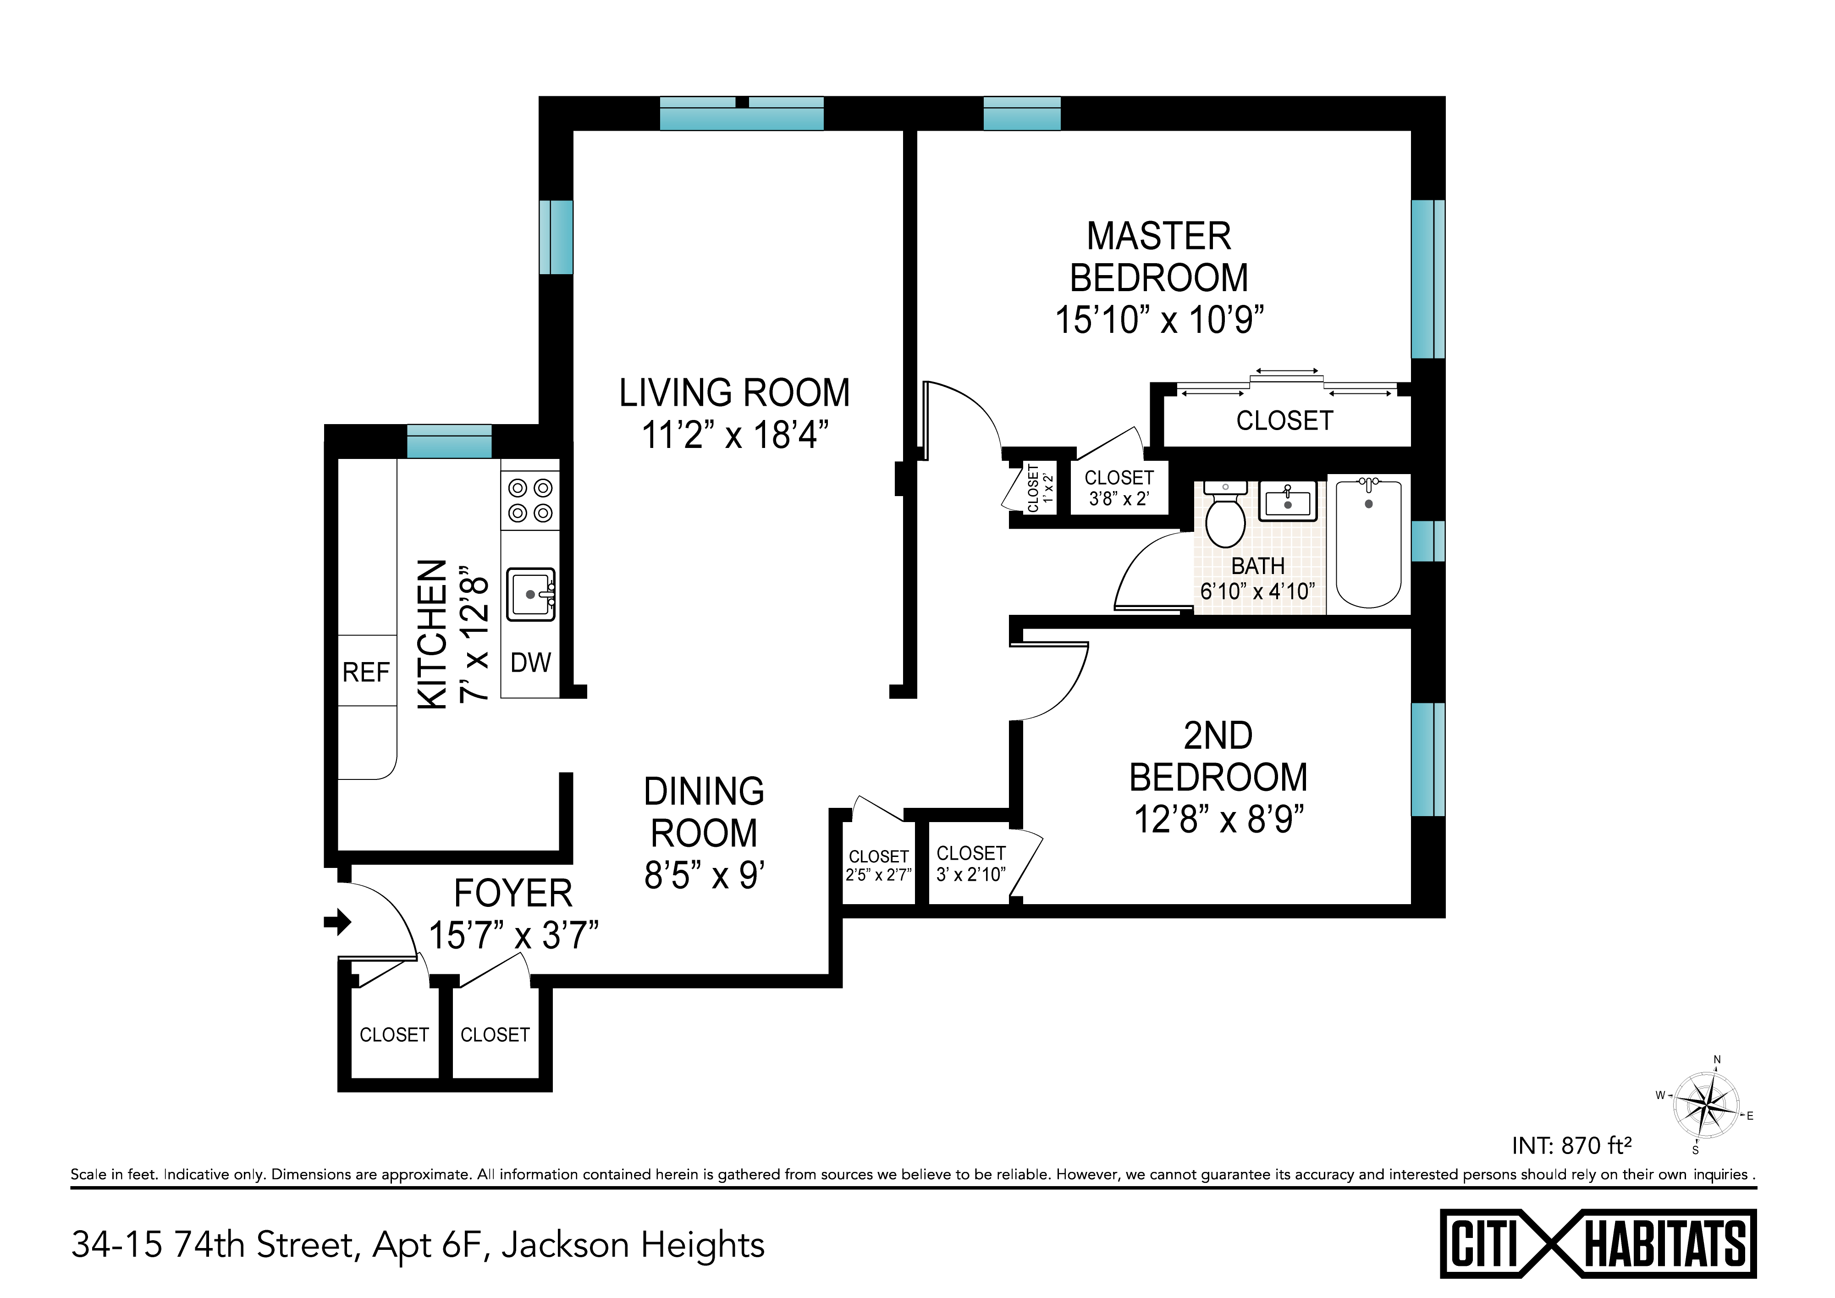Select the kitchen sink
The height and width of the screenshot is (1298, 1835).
click(x=531, y=595)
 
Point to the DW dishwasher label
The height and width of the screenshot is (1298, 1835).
click(x=531, y=663)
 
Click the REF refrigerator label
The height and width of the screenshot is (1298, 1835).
click(x=366, y=672)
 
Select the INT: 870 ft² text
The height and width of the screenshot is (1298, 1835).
click(x=1571, y=1146)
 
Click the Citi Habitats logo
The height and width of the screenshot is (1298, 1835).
click(x=1598, y=1243)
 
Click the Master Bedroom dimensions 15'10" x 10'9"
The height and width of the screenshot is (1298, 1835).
click(x=1160, y=320)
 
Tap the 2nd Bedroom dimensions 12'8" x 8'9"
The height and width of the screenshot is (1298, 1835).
click(x=1219, y=819)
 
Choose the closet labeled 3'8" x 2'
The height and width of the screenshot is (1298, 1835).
click(x=1119, y=487)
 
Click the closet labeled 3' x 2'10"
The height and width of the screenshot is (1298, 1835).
click(x=970, y=863)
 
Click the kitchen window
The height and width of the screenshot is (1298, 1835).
click(x=449, y=441)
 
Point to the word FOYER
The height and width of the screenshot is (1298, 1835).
click(x=513, y=894)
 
